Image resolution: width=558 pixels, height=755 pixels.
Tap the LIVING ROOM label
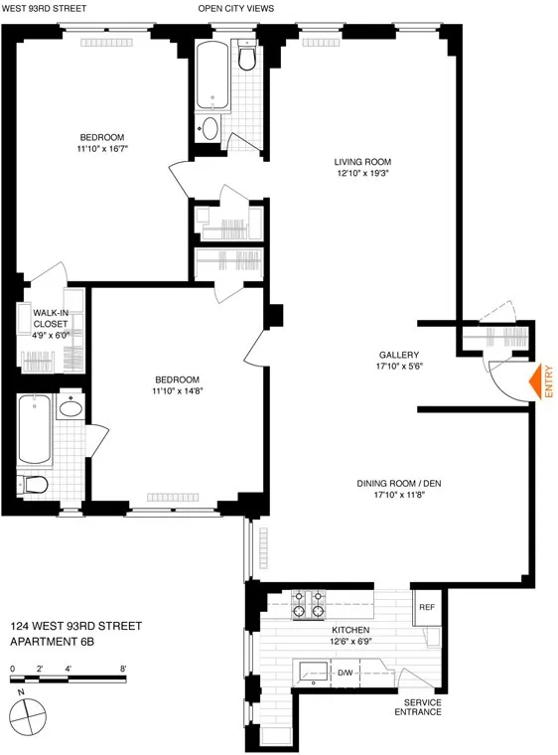(363, 162)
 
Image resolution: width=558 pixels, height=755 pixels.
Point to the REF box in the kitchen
(427, 607)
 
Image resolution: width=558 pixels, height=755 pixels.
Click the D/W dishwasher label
(346, 674)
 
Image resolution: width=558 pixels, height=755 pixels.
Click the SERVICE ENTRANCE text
(416, 708)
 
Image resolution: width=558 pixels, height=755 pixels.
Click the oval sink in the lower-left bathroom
(70, 408)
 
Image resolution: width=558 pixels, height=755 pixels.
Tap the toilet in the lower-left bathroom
(33, 485)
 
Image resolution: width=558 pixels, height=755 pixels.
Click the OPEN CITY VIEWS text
(236, 9)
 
